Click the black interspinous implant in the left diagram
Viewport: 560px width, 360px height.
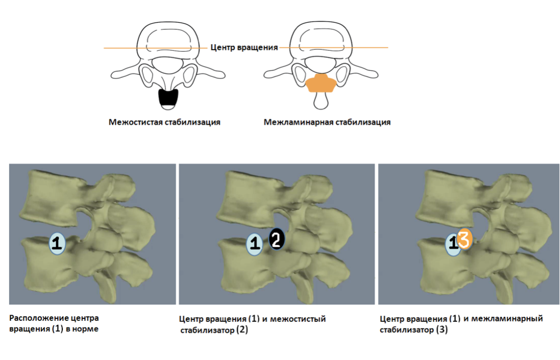tap(168, 99)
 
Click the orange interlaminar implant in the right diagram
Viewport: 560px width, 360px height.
tap(321, 83)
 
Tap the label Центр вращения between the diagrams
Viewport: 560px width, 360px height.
tap(244, 47)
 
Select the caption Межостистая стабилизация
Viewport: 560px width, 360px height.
tap(164, 122)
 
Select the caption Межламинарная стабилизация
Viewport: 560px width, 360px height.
tap(327, 122)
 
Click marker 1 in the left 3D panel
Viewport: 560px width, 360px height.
tap(57, 243)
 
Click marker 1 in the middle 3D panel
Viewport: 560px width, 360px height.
tap(255, 243)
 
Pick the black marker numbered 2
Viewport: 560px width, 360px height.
tap(276, 238)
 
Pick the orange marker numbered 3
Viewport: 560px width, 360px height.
tap(464, 238)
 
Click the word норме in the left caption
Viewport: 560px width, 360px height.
tap(85, 329)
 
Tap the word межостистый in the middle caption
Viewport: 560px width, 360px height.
tap(298, 319)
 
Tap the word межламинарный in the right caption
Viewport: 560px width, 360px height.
tap(507, 319)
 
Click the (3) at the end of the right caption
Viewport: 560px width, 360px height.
tap(442, 330)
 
